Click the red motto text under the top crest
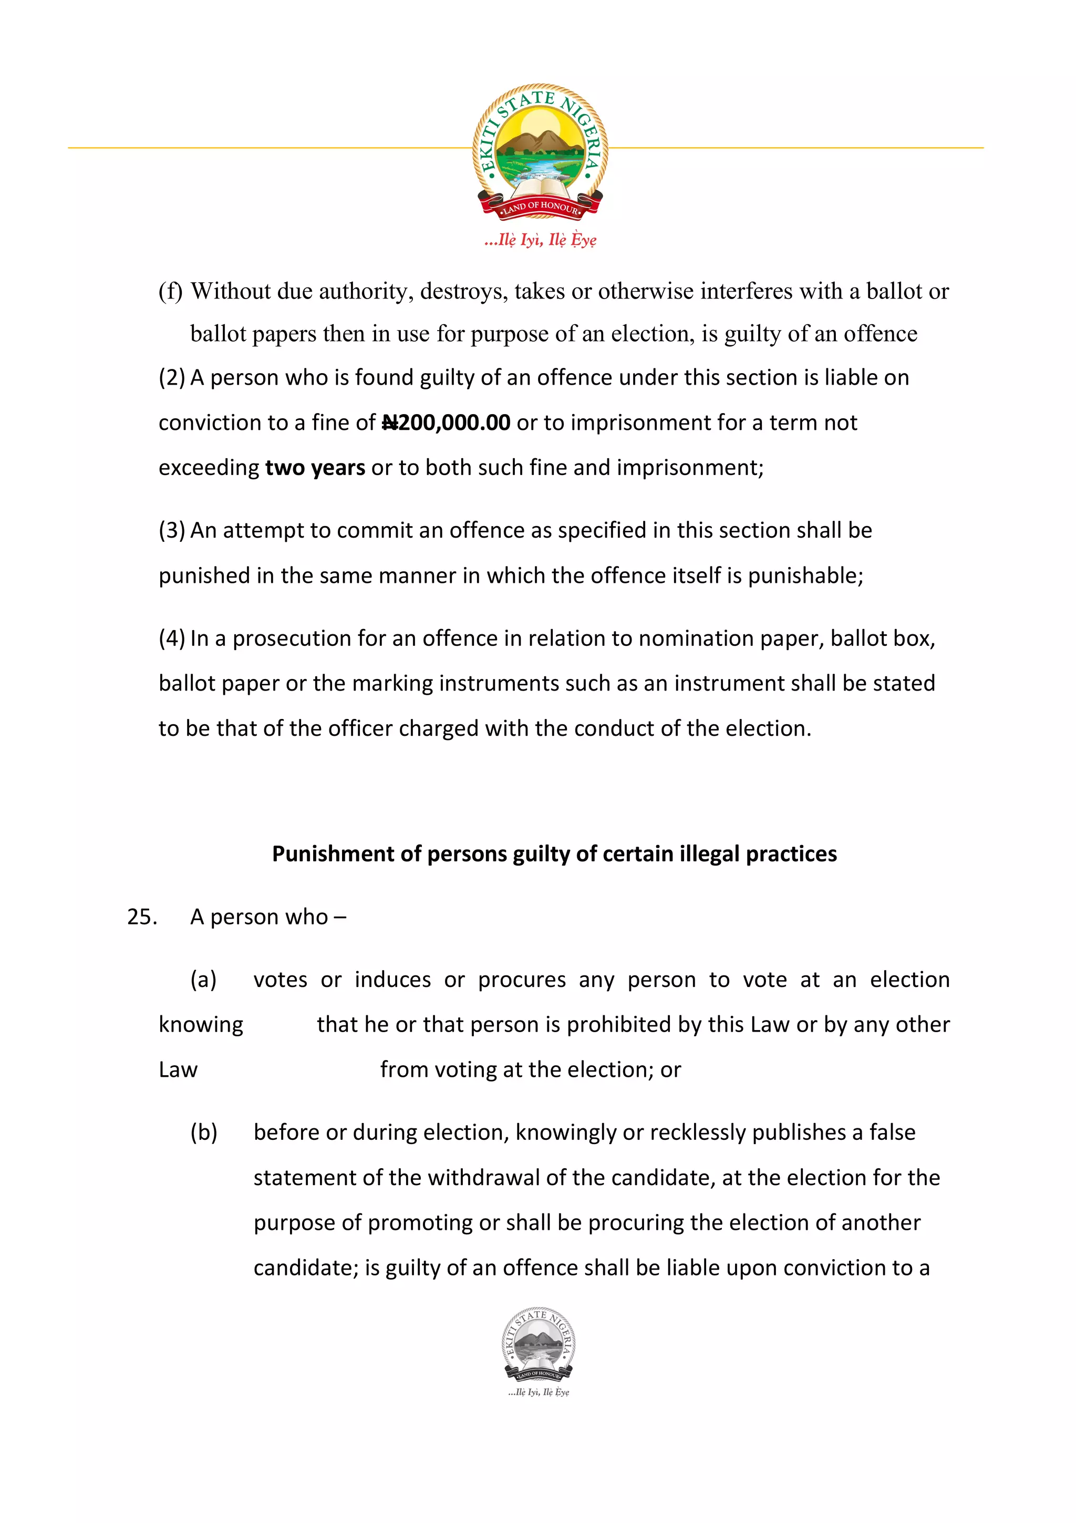540,240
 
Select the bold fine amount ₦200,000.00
446,423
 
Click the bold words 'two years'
315,468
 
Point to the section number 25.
141,917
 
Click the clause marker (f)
170,291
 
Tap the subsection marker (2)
172,377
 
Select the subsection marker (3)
172,530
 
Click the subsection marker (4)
172,638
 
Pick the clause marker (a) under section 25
203,980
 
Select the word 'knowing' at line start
201,1025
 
